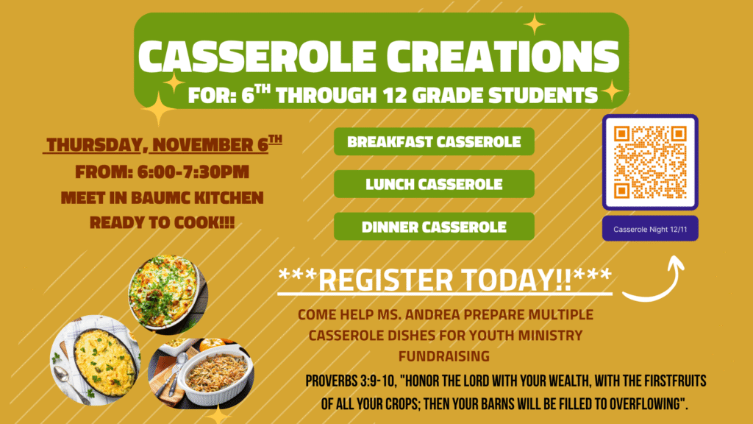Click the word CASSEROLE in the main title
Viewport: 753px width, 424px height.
coord(257,56)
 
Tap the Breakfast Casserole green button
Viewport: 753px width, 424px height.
coord(434,141)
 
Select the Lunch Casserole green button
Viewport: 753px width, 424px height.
coord(434,183)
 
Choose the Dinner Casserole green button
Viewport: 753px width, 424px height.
coord(434,227)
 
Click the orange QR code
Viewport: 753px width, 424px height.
coord(650,162)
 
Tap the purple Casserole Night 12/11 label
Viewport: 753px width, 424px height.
coord(650,229)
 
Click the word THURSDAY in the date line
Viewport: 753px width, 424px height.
coord(94,145)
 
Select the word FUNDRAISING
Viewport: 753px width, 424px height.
coord(444,356)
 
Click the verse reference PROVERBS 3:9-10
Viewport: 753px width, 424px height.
coord(350,381)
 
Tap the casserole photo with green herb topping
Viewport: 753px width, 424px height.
coord(168,294)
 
